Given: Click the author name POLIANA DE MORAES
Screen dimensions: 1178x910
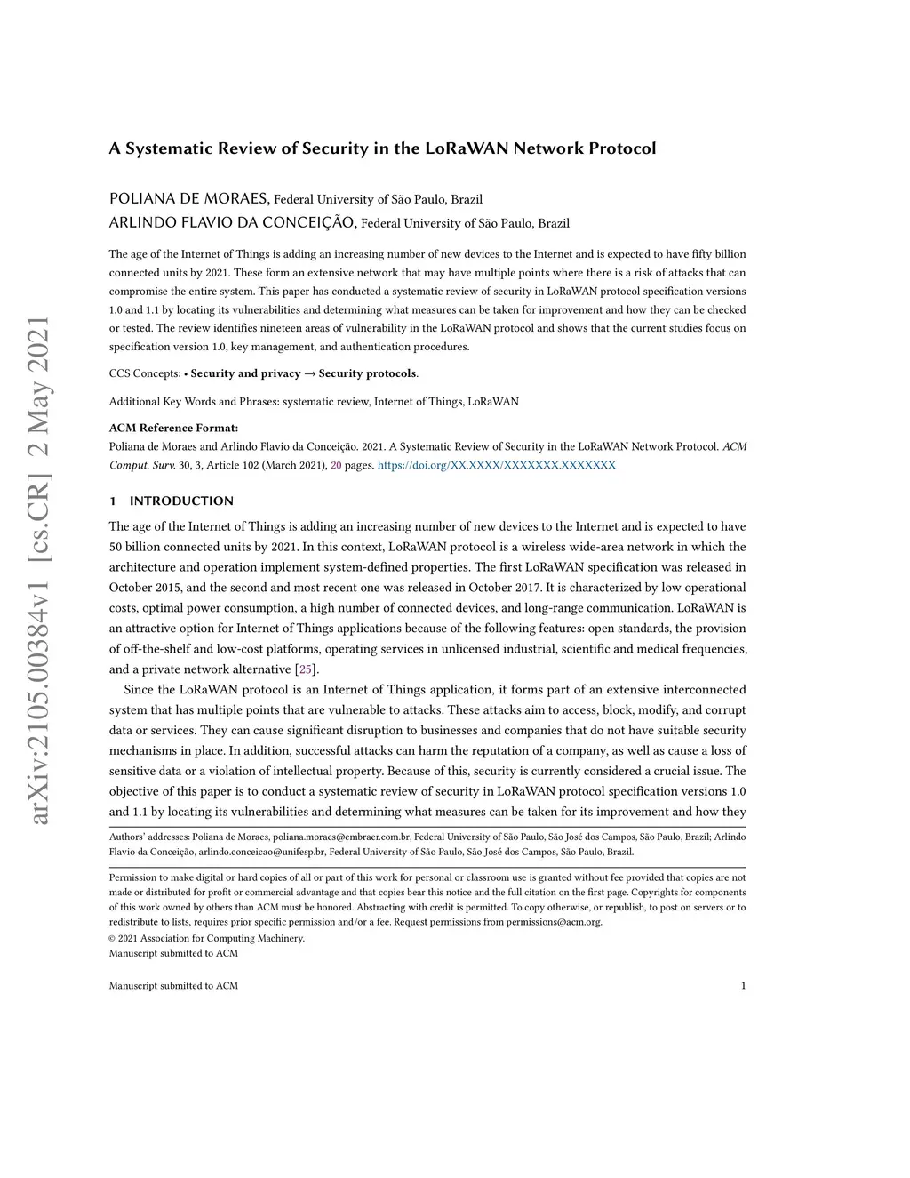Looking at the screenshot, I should click(188, 198).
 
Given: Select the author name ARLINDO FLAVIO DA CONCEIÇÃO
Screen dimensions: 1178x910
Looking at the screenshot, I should click(233, 222).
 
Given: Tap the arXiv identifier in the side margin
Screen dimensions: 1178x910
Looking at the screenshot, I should click(41, 570).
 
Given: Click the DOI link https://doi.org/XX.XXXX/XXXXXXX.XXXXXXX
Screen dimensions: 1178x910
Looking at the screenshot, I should click(496, 465).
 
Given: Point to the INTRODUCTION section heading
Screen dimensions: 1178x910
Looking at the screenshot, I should click(181, 501).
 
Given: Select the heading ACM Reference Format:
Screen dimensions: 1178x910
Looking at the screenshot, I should click(173, 428).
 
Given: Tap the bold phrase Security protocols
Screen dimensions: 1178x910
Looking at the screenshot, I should click(367, 373).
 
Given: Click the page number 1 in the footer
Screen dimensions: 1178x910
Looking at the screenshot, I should click(743, 985).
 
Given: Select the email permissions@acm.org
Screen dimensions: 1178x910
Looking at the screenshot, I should click(554, 922).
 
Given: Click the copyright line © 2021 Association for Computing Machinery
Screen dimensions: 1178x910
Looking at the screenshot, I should click(206, 938).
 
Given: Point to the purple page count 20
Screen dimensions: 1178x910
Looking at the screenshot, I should click(336, 465).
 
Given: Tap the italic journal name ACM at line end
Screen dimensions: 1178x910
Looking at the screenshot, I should click(735, 446).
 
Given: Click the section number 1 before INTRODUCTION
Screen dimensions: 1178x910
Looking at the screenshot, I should click(113, 501).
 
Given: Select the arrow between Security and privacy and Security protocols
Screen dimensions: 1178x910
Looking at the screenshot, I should click(309, 373).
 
